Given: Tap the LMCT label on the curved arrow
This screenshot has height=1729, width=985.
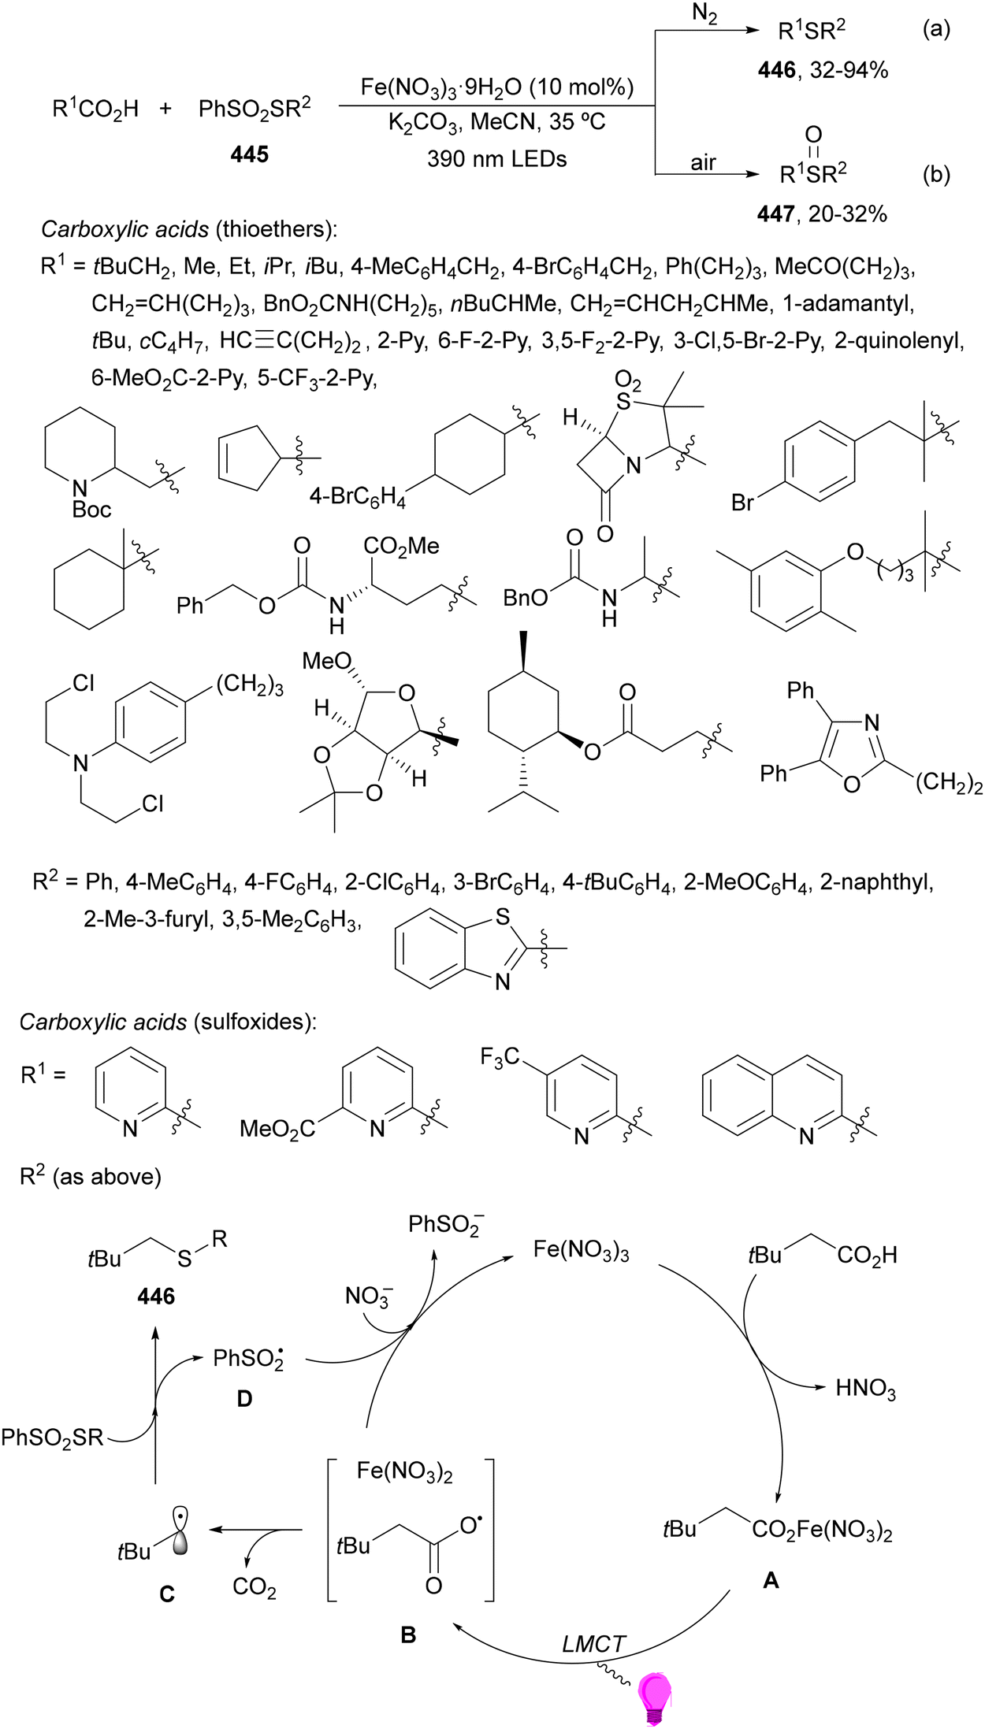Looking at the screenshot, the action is (594, 1645).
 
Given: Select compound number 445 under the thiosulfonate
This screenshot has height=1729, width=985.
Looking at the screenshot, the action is (250, 154).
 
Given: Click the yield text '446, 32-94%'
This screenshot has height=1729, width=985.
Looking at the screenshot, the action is (823, 71).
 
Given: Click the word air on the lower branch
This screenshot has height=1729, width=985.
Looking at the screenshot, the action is (703, 162).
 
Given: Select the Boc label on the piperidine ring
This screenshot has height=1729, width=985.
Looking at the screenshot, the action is (91, 510).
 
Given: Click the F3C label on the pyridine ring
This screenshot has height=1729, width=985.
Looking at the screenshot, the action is (500, 1056).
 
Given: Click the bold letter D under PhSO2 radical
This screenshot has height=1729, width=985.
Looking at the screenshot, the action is (244, 1399).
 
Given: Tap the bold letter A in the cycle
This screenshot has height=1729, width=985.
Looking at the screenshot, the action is (771, 1580).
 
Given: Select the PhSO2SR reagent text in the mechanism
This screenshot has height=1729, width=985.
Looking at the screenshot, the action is (52, 1438).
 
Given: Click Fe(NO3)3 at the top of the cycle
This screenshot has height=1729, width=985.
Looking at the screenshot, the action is (582, 1251).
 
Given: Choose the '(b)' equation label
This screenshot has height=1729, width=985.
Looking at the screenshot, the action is (936, 174).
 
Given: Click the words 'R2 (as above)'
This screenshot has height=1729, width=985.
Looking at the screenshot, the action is (91, 1175).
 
